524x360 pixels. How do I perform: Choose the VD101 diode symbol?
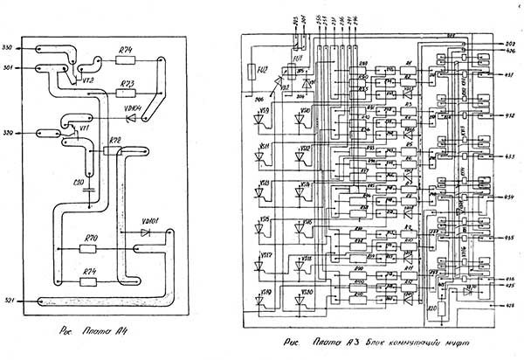tap(146, 233)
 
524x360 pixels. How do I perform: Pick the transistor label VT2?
tap(87, 80)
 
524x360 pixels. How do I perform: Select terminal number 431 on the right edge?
tap(509, 76)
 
